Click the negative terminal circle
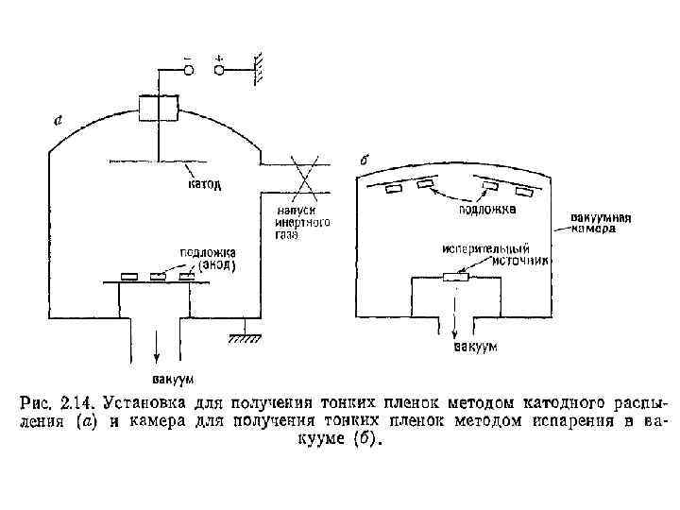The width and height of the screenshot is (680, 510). click(x=189, y=68)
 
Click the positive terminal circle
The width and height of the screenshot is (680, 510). click(x=220, y=68)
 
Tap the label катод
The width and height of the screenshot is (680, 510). click(x=205, y=185)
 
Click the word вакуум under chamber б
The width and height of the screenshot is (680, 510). click(x=474, y=348)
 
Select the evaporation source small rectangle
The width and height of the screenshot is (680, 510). click(x=456, y=277)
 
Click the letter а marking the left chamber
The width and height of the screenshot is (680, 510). click(x=59, y=121)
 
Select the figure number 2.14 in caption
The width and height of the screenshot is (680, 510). click(x=76, y=401)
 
